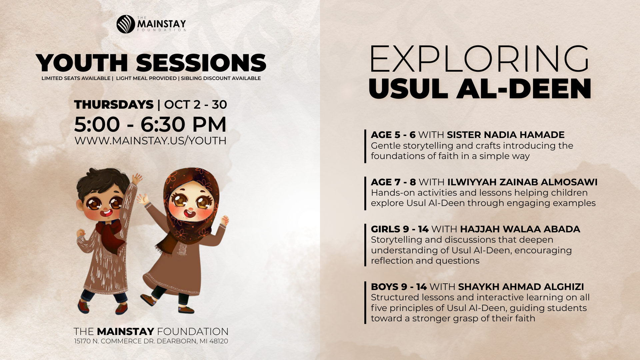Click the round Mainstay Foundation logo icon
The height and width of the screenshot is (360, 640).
126,24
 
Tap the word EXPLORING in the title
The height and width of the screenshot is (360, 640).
479,59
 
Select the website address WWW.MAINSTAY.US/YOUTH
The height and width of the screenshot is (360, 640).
150,141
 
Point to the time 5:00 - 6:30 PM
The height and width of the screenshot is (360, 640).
150,124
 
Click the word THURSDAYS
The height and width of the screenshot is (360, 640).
114,105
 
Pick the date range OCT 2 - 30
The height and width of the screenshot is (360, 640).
195,105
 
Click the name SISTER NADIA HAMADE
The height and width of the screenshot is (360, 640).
506,135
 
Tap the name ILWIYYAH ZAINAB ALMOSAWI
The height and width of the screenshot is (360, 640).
522,182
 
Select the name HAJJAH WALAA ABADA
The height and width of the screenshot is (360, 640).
520,229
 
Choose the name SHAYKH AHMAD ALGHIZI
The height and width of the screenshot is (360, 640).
521,287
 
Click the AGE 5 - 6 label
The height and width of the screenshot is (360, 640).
393,135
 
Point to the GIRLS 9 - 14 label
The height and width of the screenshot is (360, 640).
400,229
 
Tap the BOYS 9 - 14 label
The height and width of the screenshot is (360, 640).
399,287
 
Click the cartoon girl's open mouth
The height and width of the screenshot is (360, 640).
189,213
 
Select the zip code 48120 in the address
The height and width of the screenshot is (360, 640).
219,341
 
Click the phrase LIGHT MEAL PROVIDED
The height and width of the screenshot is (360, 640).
146,78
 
